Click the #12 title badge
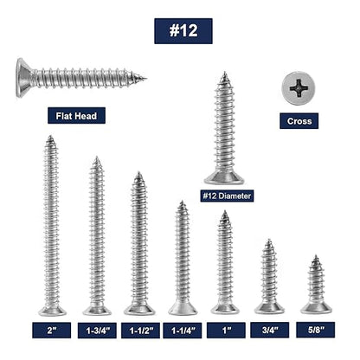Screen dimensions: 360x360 click(183, 30)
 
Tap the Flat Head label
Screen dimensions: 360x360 click(76, 116)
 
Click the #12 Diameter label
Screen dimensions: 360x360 click(227, 196)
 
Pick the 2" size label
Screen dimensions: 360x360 click(51, 330)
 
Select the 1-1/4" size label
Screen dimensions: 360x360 click(182, 330)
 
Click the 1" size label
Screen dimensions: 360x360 click(225, 330)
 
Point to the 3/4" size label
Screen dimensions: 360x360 click(269, 330)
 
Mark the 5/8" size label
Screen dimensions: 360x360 click(314, 330)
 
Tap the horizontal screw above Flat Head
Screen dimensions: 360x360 click(78, 78)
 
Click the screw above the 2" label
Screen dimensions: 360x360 click(51, 225)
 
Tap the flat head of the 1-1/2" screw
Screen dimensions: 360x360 click(138, 308)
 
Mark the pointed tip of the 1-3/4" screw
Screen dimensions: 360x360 click(97, 159)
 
